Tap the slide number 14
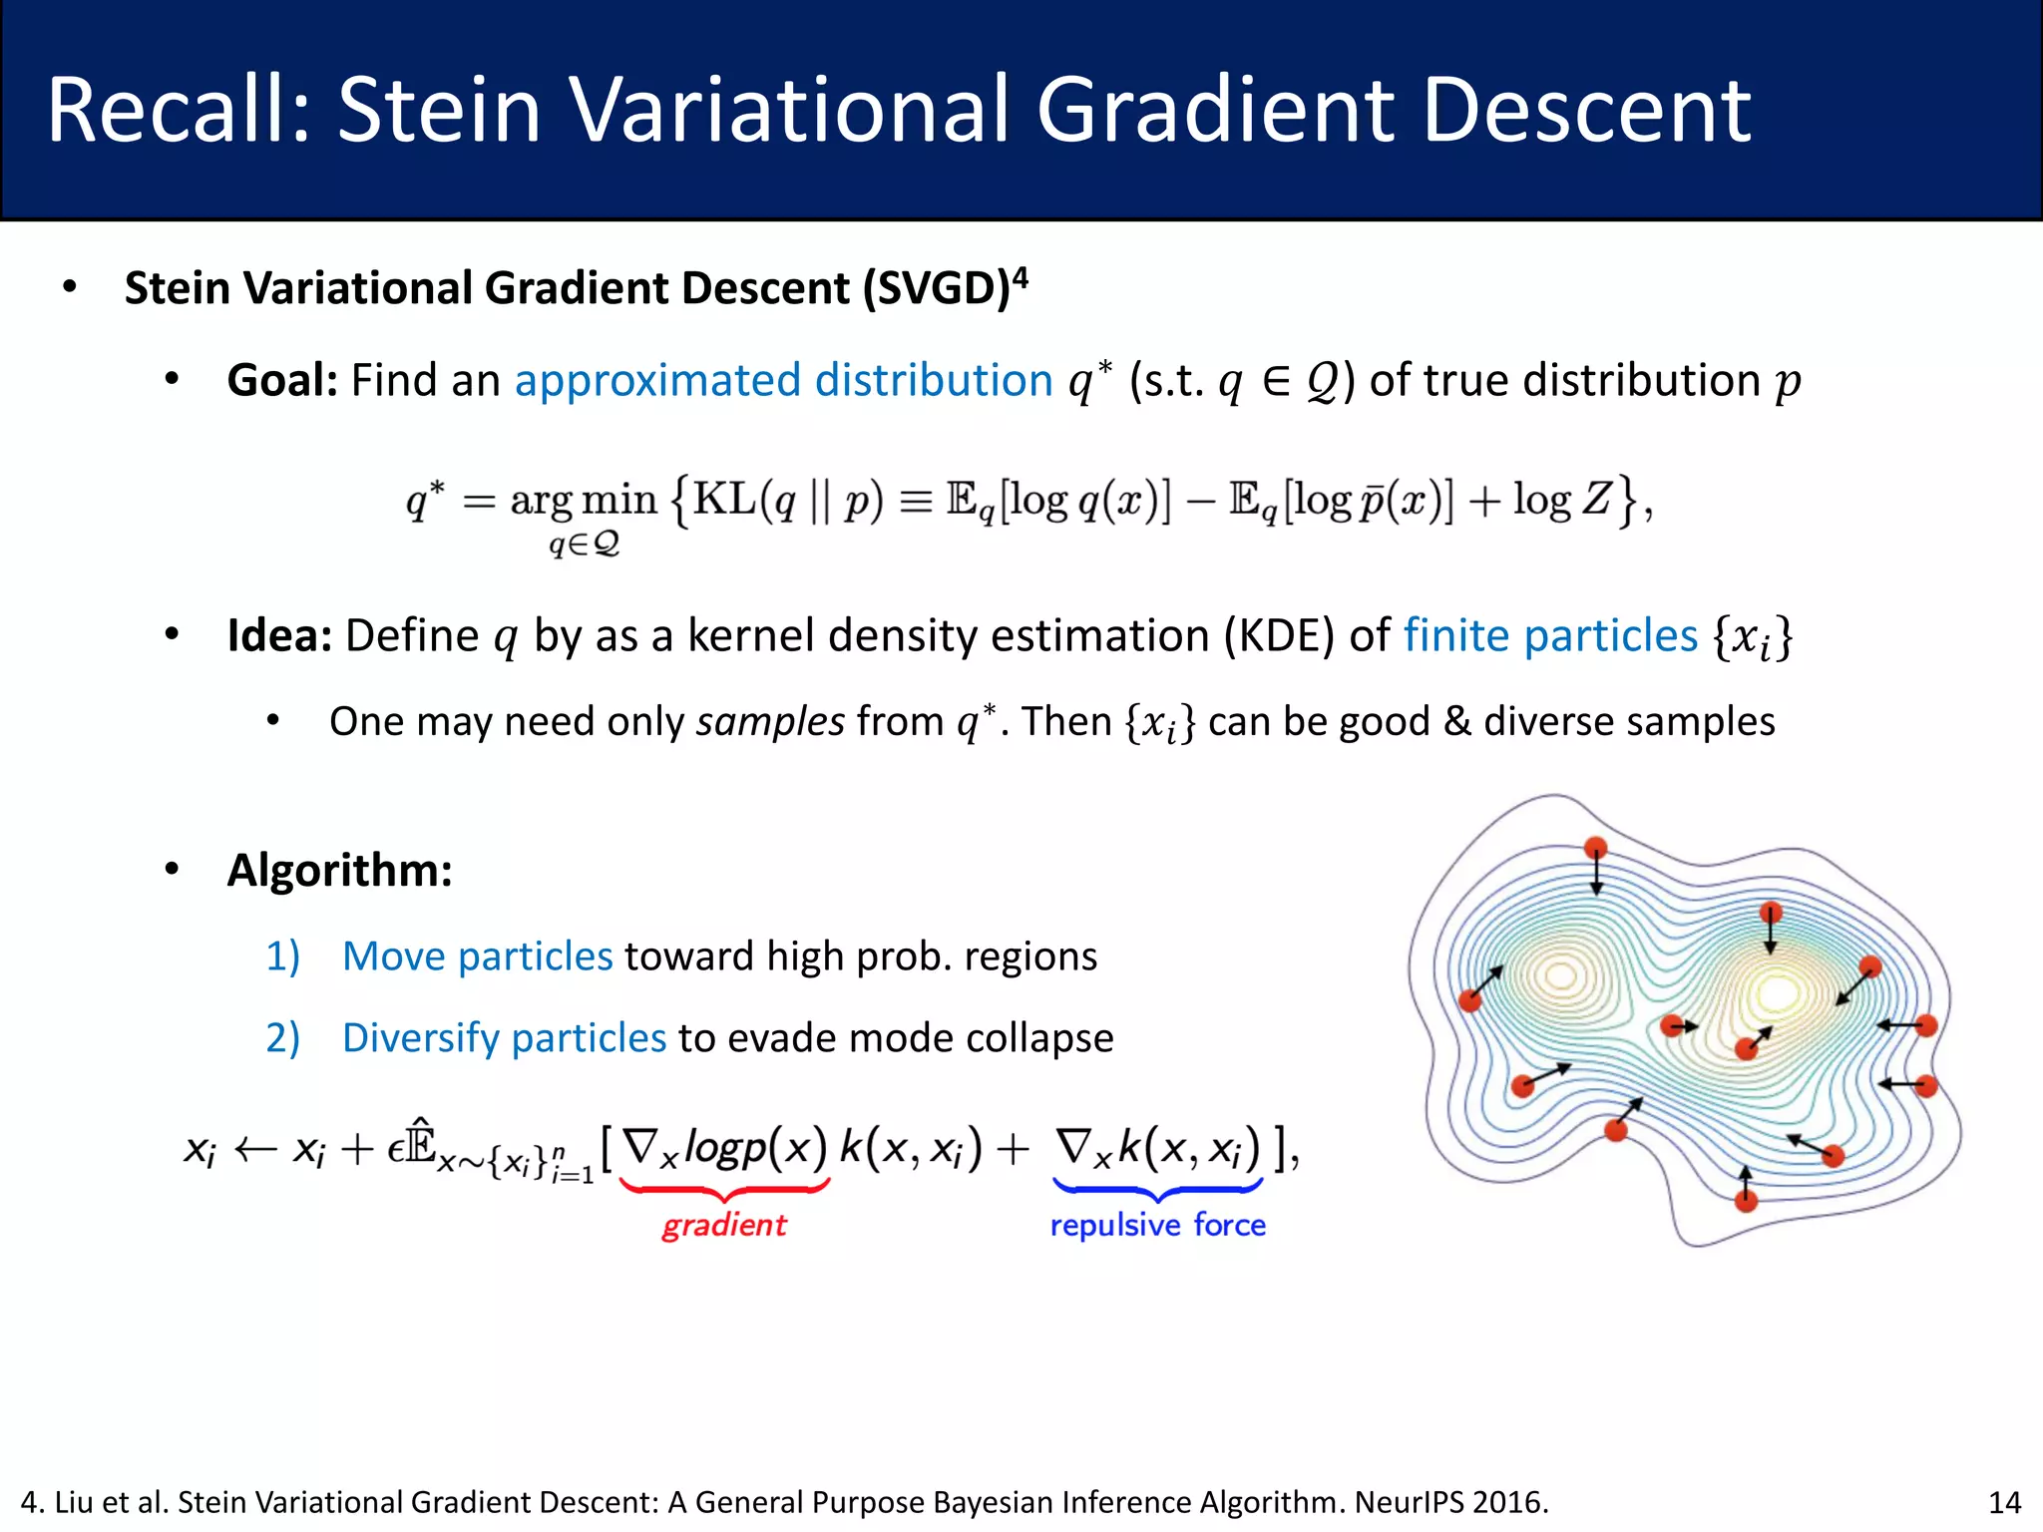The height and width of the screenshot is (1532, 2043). point(2004,1502)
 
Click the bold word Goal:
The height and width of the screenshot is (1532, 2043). point(282,381)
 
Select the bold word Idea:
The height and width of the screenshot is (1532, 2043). point(279,636)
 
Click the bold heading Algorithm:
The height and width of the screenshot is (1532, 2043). point(340,870)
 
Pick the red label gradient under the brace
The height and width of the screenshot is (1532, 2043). point(724,1225)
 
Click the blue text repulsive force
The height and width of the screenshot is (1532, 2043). point(1157,1225)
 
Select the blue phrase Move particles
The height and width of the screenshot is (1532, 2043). point(477,957)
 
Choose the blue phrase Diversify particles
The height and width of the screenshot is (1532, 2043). point(504,1038)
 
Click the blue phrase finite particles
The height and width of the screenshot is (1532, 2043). point(1550,636)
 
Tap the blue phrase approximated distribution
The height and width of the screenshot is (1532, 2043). point(783,381)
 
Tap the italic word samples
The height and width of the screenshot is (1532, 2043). point(770,721)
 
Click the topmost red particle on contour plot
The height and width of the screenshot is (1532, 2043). point(1596,848)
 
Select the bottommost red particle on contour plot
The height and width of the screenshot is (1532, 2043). point(1746,1201)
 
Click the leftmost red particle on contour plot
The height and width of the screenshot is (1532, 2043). point(1469,1000)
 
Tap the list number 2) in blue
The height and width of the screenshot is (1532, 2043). point(282,1038)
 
